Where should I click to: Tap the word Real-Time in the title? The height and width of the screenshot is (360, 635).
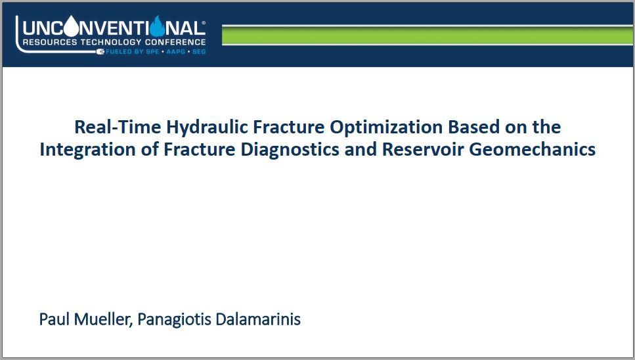point(118,127)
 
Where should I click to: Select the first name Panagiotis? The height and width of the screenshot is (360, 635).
point(174,319)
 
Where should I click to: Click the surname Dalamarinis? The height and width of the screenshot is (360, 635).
point(258,319)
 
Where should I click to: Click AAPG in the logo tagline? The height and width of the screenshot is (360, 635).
point(175,52)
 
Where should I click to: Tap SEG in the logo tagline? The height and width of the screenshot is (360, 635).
point(199,52)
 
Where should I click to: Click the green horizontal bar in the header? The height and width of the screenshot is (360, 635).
point(427,35)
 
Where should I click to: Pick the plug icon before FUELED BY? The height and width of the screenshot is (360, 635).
point(100,51)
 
